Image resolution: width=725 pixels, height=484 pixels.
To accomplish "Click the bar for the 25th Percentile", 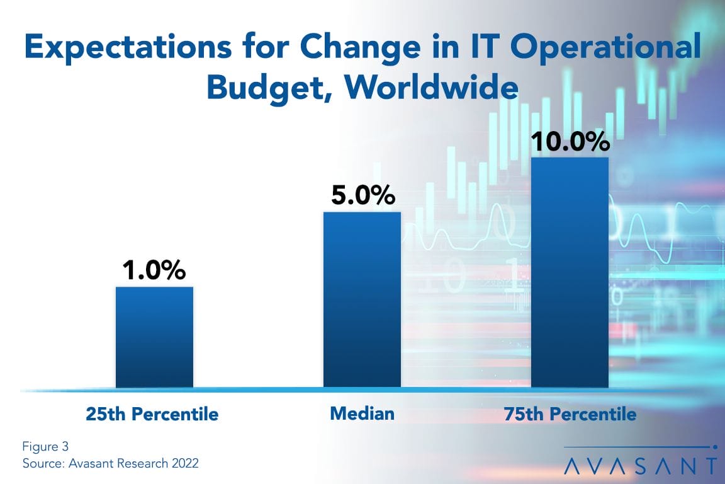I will point(154,337).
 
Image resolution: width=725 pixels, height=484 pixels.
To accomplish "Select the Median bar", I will point(362,299).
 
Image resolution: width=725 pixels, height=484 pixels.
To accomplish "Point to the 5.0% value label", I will point(362,195).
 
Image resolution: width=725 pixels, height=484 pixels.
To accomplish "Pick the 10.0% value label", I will point(570,141).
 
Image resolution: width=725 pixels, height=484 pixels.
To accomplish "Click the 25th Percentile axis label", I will point(152,414).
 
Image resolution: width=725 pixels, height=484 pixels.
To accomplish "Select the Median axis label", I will point(362,413).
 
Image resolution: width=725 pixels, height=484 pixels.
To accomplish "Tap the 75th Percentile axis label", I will point(570,414).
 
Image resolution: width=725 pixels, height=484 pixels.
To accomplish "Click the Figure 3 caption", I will point(45,447).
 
